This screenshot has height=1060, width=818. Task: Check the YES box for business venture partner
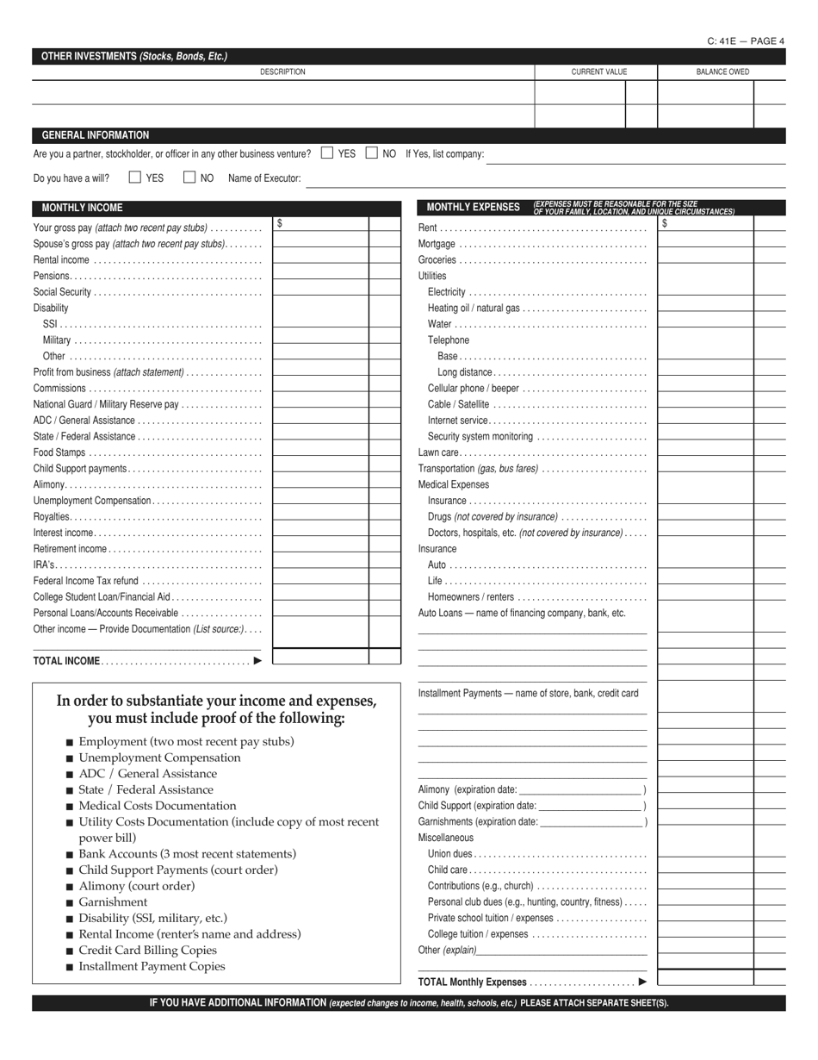point(327,153)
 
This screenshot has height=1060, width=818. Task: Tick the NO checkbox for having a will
point(189,178)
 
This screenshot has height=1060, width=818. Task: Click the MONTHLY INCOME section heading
point(82,208)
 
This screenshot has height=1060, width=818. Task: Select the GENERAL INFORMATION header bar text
point(96,135)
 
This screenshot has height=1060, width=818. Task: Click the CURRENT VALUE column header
point(598,72)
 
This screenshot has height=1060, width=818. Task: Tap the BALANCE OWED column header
point(722,72)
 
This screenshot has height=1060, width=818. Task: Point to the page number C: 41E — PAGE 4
point(746,41)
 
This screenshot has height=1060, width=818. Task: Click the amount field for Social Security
point(320,291)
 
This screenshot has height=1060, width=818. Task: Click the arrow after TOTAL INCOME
point(257,661)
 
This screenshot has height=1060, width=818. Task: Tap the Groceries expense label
point(437,260)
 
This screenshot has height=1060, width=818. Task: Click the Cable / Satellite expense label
point(458,404)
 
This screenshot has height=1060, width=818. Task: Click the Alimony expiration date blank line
point(581,789)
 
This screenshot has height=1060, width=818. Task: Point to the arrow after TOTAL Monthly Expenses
point(642,982)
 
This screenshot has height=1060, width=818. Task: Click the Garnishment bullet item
point(113,902)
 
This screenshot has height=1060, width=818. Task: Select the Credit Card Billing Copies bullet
point(147,951)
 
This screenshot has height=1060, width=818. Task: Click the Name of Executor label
point(264,178)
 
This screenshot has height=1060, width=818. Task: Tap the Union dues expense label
point(449,854)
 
